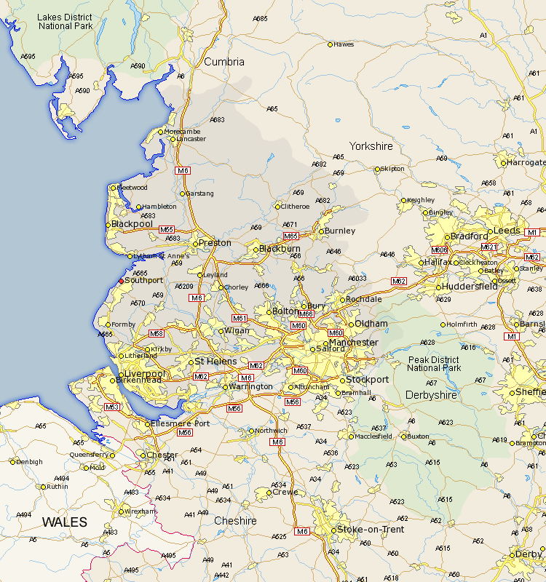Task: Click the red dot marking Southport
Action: (121, 281)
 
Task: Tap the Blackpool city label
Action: (132, 225)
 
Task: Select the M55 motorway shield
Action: (167, 229)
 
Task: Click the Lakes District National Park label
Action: (64, 21)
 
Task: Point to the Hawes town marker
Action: (330, 45)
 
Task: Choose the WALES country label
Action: (64, 522)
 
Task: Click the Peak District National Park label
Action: (434, 364)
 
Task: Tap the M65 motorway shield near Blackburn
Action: (291, 236)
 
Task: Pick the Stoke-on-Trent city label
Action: (371, 530)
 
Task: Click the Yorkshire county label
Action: (371, 146)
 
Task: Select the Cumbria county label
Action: (224, 62)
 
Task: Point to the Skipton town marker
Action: (377, 170)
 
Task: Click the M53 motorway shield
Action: (111, 407)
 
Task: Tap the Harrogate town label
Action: (526, 163)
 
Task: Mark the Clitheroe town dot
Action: (276, 207)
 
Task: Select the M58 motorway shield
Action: (157, 333)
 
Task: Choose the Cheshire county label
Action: (235, 521)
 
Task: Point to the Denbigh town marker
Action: (12, 461)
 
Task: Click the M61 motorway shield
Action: (240, 318)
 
